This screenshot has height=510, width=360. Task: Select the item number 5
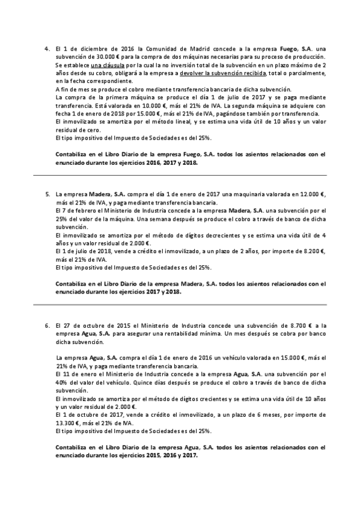pos(46,194)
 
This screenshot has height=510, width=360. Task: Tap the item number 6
pos(46,325)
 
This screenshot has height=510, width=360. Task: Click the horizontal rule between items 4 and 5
pos(180,175)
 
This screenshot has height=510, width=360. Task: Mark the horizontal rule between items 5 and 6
pos(180,304)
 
